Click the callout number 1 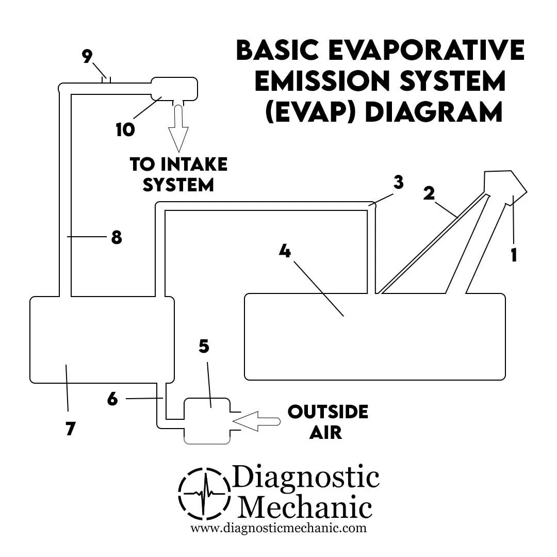click(x=514, y=255)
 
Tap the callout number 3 click(x=398, y=183)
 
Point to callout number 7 click(x=71, y=428)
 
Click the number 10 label click(x=125, y=129)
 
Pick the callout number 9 click(x=88, y=57)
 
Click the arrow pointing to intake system click(x=178, y=129)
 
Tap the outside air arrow click(x=256, y=421)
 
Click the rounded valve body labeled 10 click(x=174, y=89)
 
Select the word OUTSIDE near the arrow click(x=328, y=412)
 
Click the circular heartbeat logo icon click(x=205, y=493)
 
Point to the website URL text click(x=278, y=528)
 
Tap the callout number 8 click(x=117, y=238)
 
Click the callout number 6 click(x=112, y=399)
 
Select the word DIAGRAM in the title click(x=433, y=112)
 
